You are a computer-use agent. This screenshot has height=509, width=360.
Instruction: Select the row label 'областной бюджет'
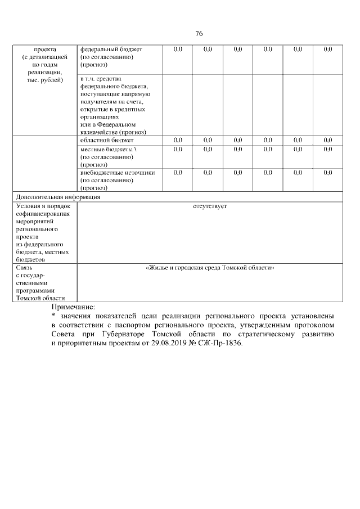pos(107,139)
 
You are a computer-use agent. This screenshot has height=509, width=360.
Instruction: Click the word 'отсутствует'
pos(209,206)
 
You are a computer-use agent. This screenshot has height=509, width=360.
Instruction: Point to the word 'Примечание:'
pos(74,307)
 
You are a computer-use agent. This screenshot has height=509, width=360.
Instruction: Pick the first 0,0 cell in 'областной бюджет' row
pos(178,139)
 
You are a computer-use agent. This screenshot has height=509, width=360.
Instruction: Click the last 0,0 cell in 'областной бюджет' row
pos(328,139)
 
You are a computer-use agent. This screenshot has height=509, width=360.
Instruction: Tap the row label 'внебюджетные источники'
pos(118,173)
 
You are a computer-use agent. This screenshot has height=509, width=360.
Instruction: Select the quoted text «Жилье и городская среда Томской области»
pos(210,268)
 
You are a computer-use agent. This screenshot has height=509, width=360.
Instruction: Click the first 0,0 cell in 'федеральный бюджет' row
pos(178,49)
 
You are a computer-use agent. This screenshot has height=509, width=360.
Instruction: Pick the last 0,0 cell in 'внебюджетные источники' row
pos(328,173)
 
